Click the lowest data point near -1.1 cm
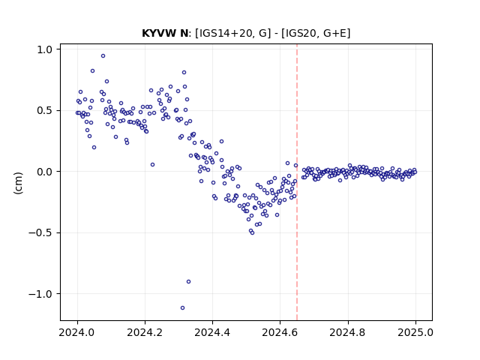coord(182,307)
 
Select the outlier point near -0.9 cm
coord(188,282)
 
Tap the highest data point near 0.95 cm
coord(103,55)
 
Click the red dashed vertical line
coord(297,182)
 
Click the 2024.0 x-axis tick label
coord(77,332)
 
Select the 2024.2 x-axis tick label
coord(145,332)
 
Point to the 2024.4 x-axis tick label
coord(212,332)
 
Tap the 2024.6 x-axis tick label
coord(280,332)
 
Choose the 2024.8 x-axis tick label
coord(348,332)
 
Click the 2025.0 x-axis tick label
coord(415,332)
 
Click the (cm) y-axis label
coord(18,183)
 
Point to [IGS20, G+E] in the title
coord(316,33)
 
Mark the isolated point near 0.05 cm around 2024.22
coord(152,165)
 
